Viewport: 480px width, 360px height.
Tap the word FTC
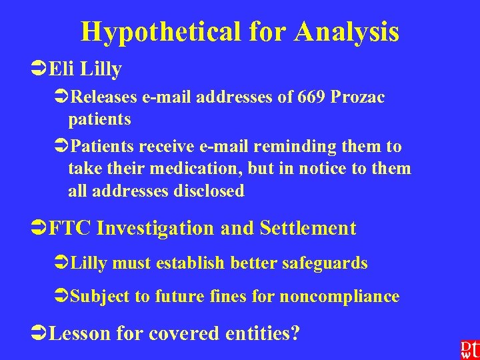point(70,228)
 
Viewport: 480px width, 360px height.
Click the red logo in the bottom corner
point(467,349)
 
